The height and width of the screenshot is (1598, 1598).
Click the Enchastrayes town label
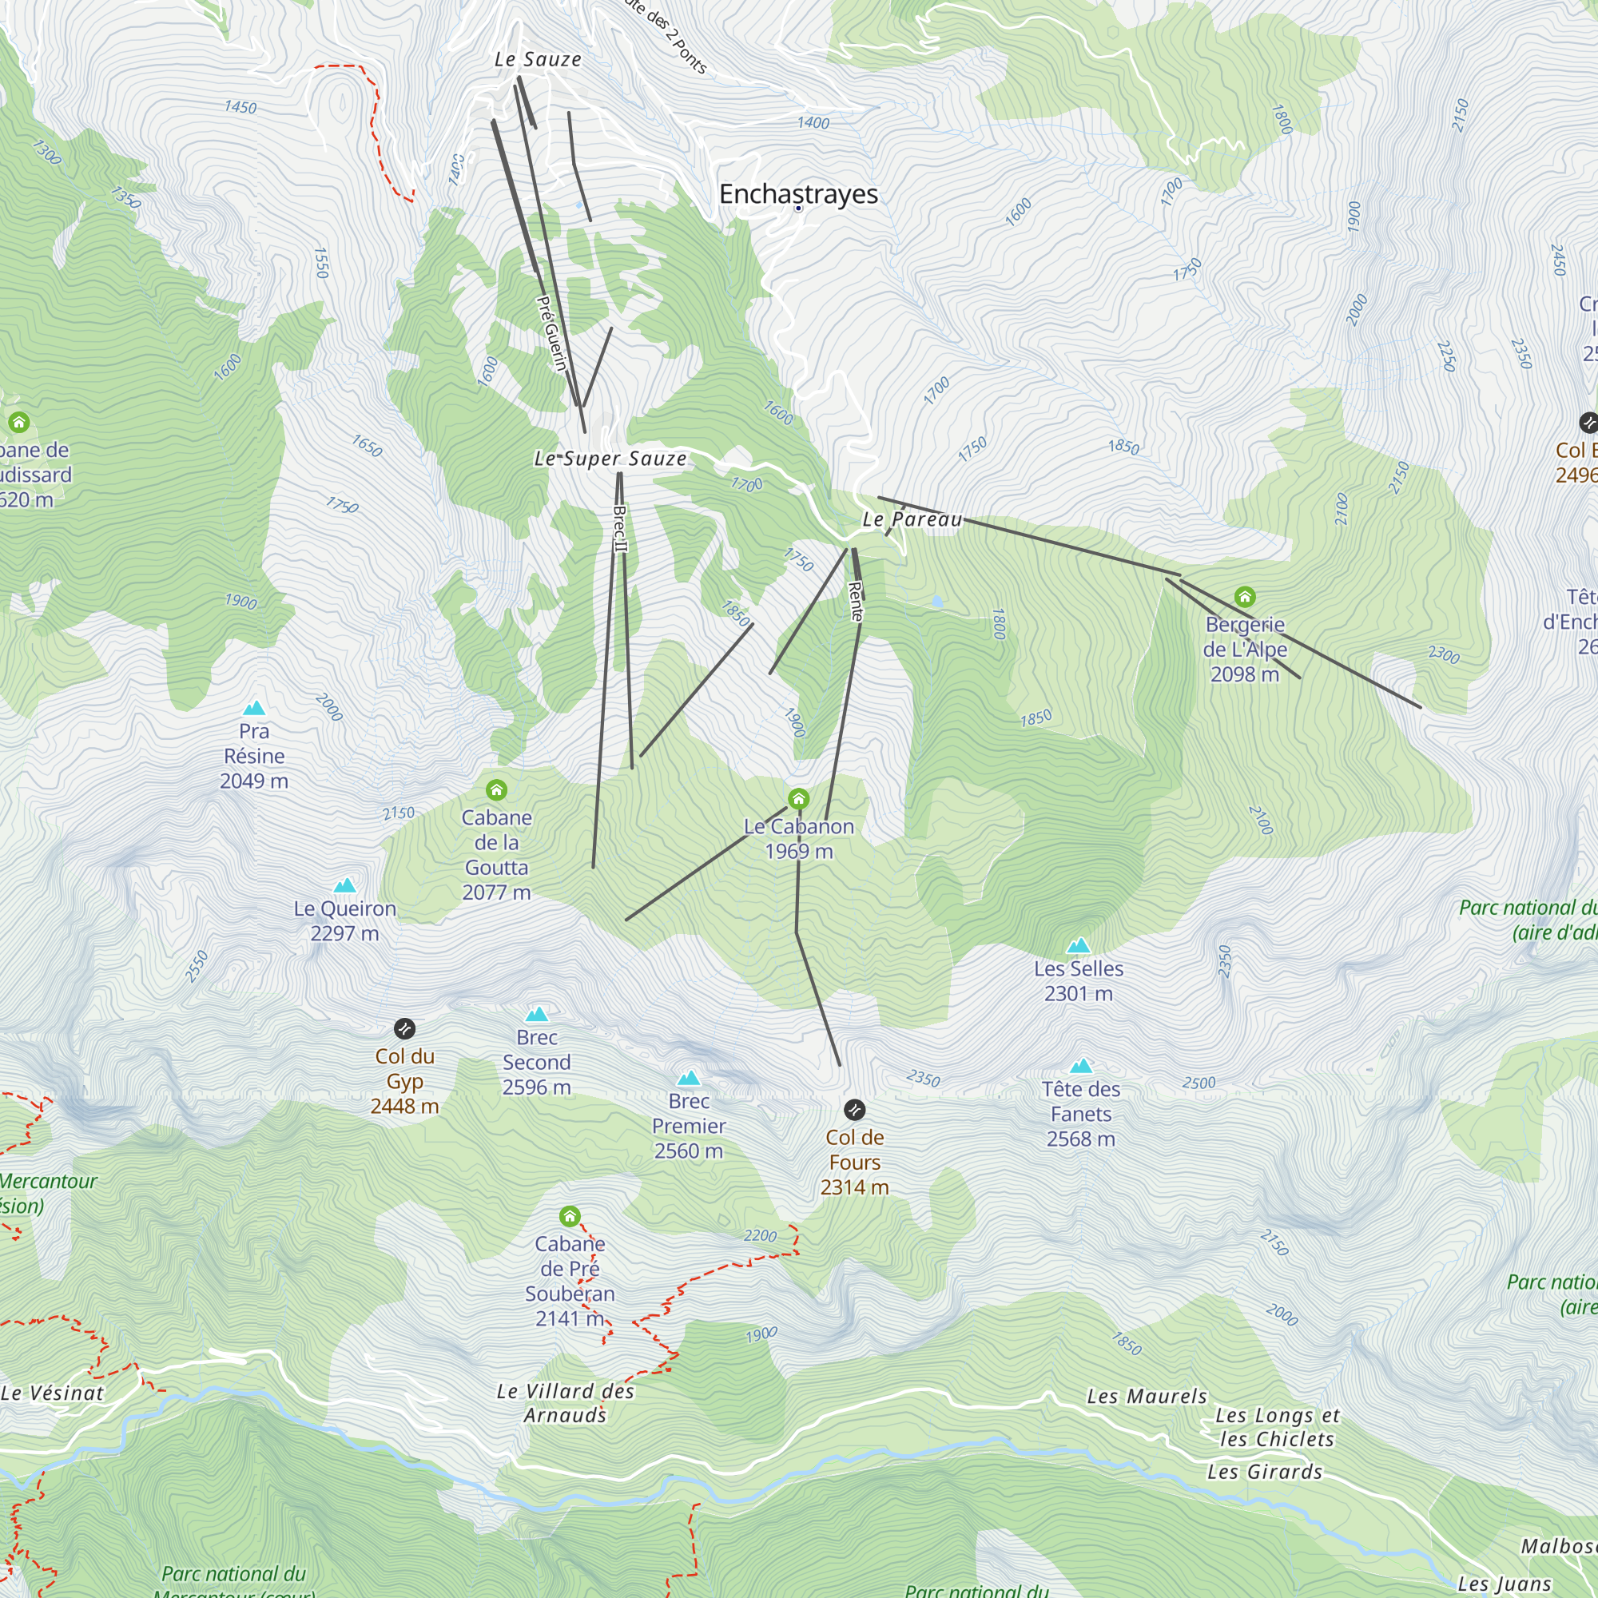point(798,193)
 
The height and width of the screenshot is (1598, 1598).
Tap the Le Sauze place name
point(538,60)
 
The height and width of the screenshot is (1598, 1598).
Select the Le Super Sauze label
point(610,458)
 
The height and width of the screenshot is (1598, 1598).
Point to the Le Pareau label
point(912,519)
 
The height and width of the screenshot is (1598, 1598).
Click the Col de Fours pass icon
point(854,1109)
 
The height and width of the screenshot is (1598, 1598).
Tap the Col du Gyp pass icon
point(404,1028)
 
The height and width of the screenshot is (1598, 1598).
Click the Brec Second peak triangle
point(537,1014)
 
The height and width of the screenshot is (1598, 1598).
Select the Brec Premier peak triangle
point(688,1078)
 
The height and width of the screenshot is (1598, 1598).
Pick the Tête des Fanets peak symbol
point(1080,1066)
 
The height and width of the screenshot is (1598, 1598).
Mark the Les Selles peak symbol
point(1078,945)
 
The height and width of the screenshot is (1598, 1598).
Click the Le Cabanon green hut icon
point(798,799)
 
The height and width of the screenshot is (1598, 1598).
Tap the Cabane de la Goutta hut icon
point(496,790)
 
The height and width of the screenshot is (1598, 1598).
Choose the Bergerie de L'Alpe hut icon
point(1245,596)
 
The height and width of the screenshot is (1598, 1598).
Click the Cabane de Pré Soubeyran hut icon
point(569,1216)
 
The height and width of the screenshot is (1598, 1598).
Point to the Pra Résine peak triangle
point(254,708)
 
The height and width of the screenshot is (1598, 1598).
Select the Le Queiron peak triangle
point(345,885)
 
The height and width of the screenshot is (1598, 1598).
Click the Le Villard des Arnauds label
point(566,1403)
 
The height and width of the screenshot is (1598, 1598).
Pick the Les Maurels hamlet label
point(1147,1396)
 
